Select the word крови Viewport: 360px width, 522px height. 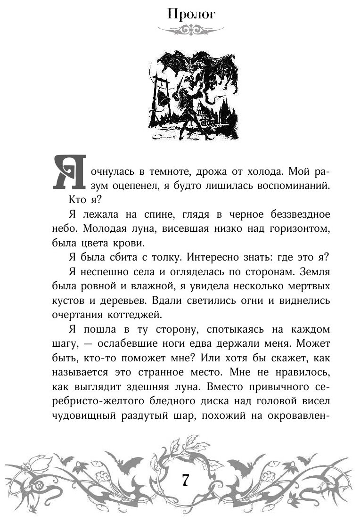(130, 245)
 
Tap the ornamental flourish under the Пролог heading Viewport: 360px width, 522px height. (190, 30)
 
